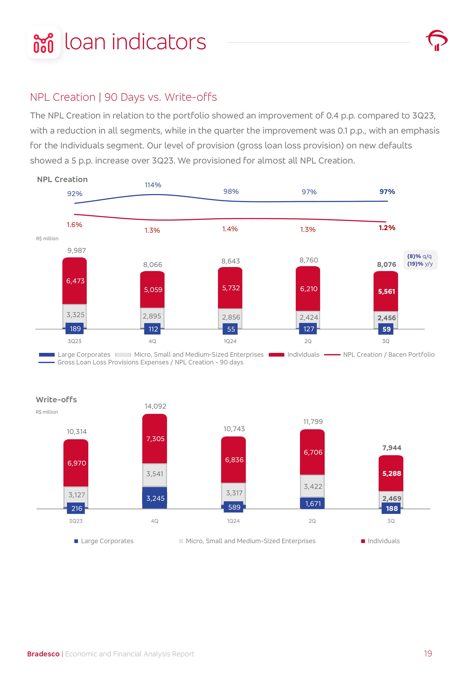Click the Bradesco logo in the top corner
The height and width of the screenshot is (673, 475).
pos(436,40)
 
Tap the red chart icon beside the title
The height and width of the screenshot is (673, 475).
pos(44,43)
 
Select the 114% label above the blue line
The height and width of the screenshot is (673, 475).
pos(153,185)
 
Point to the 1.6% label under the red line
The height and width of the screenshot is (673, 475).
pos(74,225)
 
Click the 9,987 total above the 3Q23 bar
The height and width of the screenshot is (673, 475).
pos(77,251)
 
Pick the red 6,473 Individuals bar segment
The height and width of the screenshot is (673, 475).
pos(75,281)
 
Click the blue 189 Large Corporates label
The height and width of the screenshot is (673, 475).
pos(75,329)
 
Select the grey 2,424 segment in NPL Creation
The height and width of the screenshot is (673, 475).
pos(309,317)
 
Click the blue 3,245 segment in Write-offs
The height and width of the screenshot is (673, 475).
pos(155,498)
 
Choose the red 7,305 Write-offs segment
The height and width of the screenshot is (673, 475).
pos(155,439)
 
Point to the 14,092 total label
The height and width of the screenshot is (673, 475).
pos(155,406)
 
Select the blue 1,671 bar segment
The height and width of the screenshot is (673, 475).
pos(313,504)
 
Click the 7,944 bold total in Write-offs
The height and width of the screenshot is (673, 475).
pos(391,448)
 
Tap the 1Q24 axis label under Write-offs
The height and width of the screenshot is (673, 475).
pos(233,521)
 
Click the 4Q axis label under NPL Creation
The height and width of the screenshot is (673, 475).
pos(152,341)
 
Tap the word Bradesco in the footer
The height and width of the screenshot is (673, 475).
pos(43,654)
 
